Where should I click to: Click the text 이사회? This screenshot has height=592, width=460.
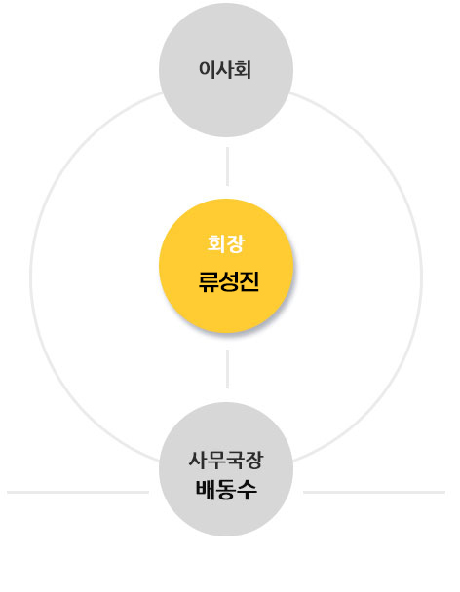(225, 70)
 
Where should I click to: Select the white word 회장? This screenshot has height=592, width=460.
(226, 243)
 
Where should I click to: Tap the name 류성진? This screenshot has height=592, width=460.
(229, 281)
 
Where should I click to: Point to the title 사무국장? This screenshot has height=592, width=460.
(226, 461)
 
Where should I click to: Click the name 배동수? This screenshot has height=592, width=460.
(226, 490)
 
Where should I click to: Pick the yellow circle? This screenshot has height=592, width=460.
(226, 266)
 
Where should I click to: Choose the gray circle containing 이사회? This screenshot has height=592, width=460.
(226, 70)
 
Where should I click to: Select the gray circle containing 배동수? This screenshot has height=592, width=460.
(226, 469)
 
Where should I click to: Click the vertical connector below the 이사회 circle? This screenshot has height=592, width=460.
(227, 166)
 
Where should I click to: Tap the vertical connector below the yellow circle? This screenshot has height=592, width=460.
(227, 369)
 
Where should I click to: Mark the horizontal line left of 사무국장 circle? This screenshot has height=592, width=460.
(78, 492)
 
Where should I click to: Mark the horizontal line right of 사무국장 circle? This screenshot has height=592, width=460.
(374, 492)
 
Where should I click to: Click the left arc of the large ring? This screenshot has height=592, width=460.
(31, 277)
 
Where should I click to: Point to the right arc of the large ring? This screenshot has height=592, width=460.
(421, 277)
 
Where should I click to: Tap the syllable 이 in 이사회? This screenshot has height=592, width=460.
(207, 70)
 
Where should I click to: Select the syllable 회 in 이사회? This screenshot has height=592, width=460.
(243, 70)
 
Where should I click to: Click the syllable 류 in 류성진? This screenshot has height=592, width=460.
(208, 282)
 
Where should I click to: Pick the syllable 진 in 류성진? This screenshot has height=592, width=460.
(249, 281)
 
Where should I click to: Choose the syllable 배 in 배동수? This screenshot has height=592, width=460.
(206, 490)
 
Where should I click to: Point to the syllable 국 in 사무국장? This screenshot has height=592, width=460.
(235, 461)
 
